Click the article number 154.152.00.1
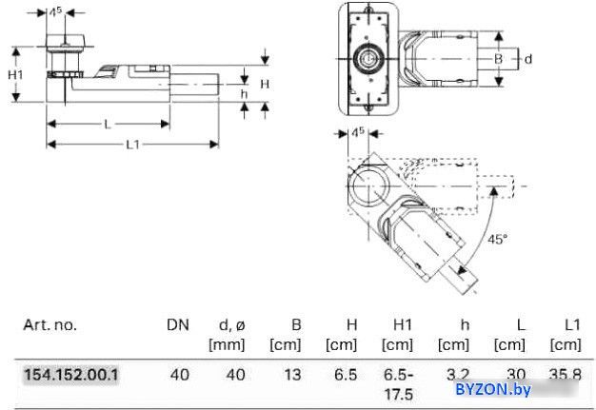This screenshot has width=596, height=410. coord(71,375)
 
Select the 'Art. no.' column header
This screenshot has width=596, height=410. coord(50,325)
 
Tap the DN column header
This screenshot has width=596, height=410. coord(178,325)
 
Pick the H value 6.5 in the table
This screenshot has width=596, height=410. coord(346,375)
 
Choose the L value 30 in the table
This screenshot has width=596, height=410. coord(516,375)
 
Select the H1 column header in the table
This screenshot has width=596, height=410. coord(401,325)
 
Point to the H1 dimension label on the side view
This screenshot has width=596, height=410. coord(16,74)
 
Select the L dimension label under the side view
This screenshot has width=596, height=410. coord(107,124)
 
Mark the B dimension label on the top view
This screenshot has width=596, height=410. coord(497,59)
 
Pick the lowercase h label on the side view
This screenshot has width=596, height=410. coord(244,93)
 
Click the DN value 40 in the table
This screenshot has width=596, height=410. coord(179,375)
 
